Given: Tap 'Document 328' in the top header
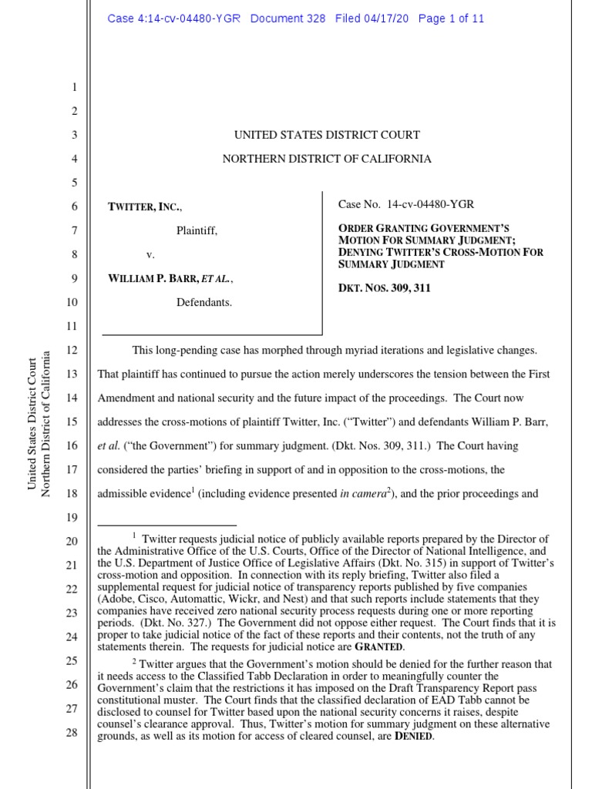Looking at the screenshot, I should tap(288, 19).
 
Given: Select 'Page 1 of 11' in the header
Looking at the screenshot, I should tap(451, 19).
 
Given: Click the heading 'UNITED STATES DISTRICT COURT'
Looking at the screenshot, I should tap(327, 135).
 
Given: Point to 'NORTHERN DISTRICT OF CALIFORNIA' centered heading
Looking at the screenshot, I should tap(327, 159).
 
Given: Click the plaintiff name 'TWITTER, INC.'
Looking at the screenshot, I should tap(146, 206).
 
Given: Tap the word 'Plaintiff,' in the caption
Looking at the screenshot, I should tap(197, 230).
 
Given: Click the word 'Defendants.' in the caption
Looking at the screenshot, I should tap(204, 303).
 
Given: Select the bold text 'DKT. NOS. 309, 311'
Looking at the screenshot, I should tap(384, 288).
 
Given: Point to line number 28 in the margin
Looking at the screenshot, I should tap(72, 732).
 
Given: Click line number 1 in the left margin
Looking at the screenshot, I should tap(76, 87).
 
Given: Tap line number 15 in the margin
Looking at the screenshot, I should tap(72, 421).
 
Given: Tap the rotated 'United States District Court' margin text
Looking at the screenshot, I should tap(32, 423).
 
